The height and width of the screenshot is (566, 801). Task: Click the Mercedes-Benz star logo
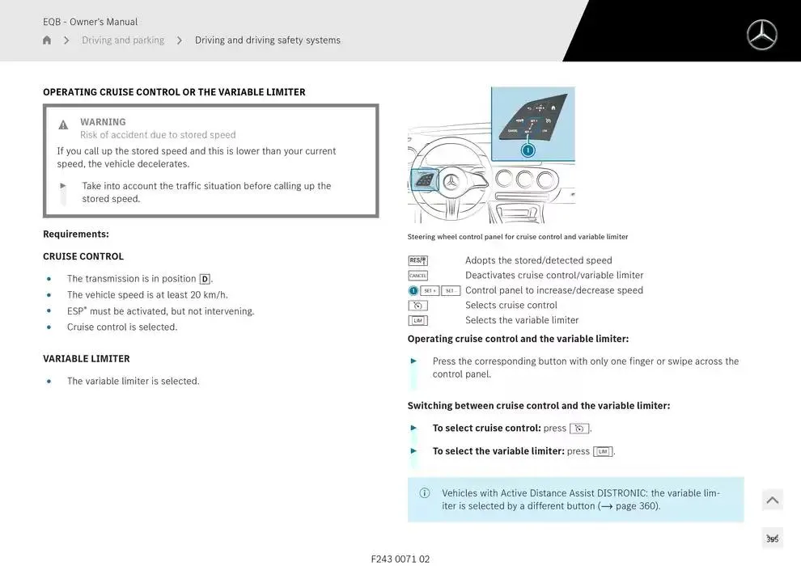coord(761,35)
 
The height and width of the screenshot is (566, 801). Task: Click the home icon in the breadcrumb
coord(47,40)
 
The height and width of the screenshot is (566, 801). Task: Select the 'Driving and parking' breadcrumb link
coord(123,40)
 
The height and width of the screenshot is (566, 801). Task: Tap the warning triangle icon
coord(63,125)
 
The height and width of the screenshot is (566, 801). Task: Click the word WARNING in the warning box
coord(103,122)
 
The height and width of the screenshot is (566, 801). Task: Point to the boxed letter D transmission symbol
coord(205,279)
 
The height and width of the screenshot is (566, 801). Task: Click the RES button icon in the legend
coord(417,260)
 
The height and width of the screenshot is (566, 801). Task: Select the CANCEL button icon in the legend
coord(417,276)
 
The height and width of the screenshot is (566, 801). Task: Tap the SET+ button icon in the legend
coord(430,290)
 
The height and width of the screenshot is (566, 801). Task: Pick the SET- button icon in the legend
coord(451,290)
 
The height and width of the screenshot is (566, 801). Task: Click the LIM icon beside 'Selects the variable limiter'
coord(417,320)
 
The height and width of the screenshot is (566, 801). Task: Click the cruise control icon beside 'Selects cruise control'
coord(417,306)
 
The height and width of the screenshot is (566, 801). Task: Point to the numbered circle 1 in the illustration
coord(528,150)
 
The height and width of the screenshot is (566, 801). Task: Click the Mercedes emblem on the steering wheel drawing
coord(451,182)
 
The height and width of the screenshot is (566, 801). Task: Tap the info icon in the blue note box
coord(425,493)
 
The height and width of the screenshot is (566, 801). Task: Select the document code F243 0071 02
coord(400,559)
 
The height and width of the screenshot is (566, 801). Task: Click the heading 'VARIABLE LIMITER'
coord(87,359)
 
